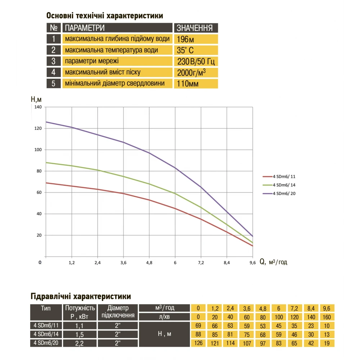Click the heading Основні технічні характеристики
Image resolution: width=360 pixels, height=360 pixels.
coord(104,16)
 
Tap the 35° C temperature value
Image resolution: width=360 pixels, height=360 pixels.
coord(186,50)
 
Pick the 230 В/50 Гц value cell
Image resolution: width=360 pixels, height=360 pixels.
coord(196,61)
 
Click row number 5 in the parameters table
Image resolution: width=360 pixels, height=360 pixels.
coord(54,84)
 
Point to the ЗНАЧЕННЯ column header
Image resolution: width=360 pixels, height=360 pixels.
coord(195,28)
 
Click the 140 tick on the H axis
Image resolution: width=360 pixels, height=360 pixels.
coord(38,107)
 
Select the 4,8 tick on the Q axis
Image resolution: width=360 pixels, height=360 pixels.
coord(149,263)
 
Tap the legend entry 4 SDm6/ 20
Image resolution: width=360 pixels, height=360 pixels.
coord(284,194)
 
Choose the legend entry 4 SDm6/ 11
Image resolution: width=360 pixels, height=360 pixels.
coord(284,176)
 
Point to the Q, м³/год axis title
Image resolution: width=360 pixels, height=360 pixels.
coord(273,262)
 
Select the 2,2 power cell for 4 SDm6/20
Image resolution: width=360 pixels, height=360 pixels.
coord(80,343)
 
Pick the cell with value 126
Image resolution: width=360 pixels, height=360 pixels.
coord(198,343)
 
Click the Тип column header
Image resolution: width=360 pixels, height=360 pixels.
coord(46,308)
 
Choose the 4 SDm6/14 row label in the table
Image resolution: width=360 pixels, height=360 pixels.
coord(46,334)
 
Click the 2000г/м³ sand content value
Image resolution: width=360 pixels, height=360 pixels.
coord(192,73)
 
